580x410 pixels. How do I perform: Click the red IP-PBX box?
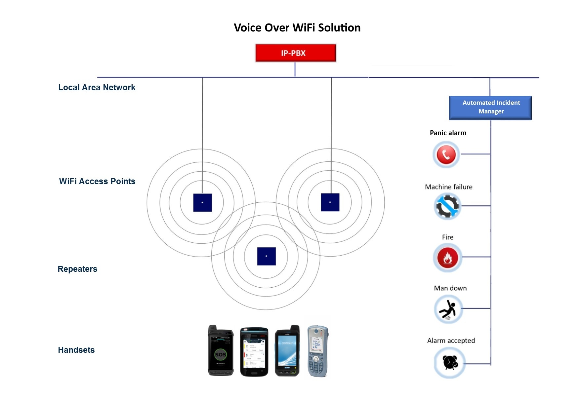point(296,53)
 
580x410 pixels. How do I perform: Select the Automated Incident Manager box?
point(490,107)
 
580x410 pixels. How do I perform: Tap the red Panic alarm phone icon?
point(446,154)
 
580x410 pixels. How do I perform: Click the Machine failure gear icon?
point(447,206)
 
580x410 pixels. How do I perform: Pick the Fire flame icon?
point(447,258)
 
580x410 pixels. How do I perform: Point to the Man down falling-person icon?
point(448,309)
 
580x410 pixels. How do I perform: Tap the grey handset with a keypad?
point(317,351)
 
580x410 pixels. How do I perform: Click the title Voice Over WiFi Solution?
point(297,28)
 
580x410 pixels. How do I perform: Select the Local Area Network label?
point(97,88)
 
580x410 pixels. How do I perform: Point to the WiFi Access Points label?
point(97,182)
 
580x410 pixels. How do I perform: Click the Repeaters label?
point(77,269)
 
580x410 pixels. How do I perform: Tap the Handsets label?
point(76,350)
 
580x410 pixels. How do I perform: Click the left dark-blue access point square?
point(202,202)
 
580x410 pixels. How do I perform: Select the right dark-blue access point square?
point(330,202)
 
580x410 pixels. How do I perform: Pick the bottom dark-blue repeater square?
point(266,256)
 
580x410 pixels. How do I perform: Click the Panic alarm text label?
point(448,133)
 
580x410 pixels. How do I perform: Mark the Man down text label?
point(450,288)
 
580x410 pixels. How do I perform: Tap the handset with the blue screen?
point(287,351)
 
